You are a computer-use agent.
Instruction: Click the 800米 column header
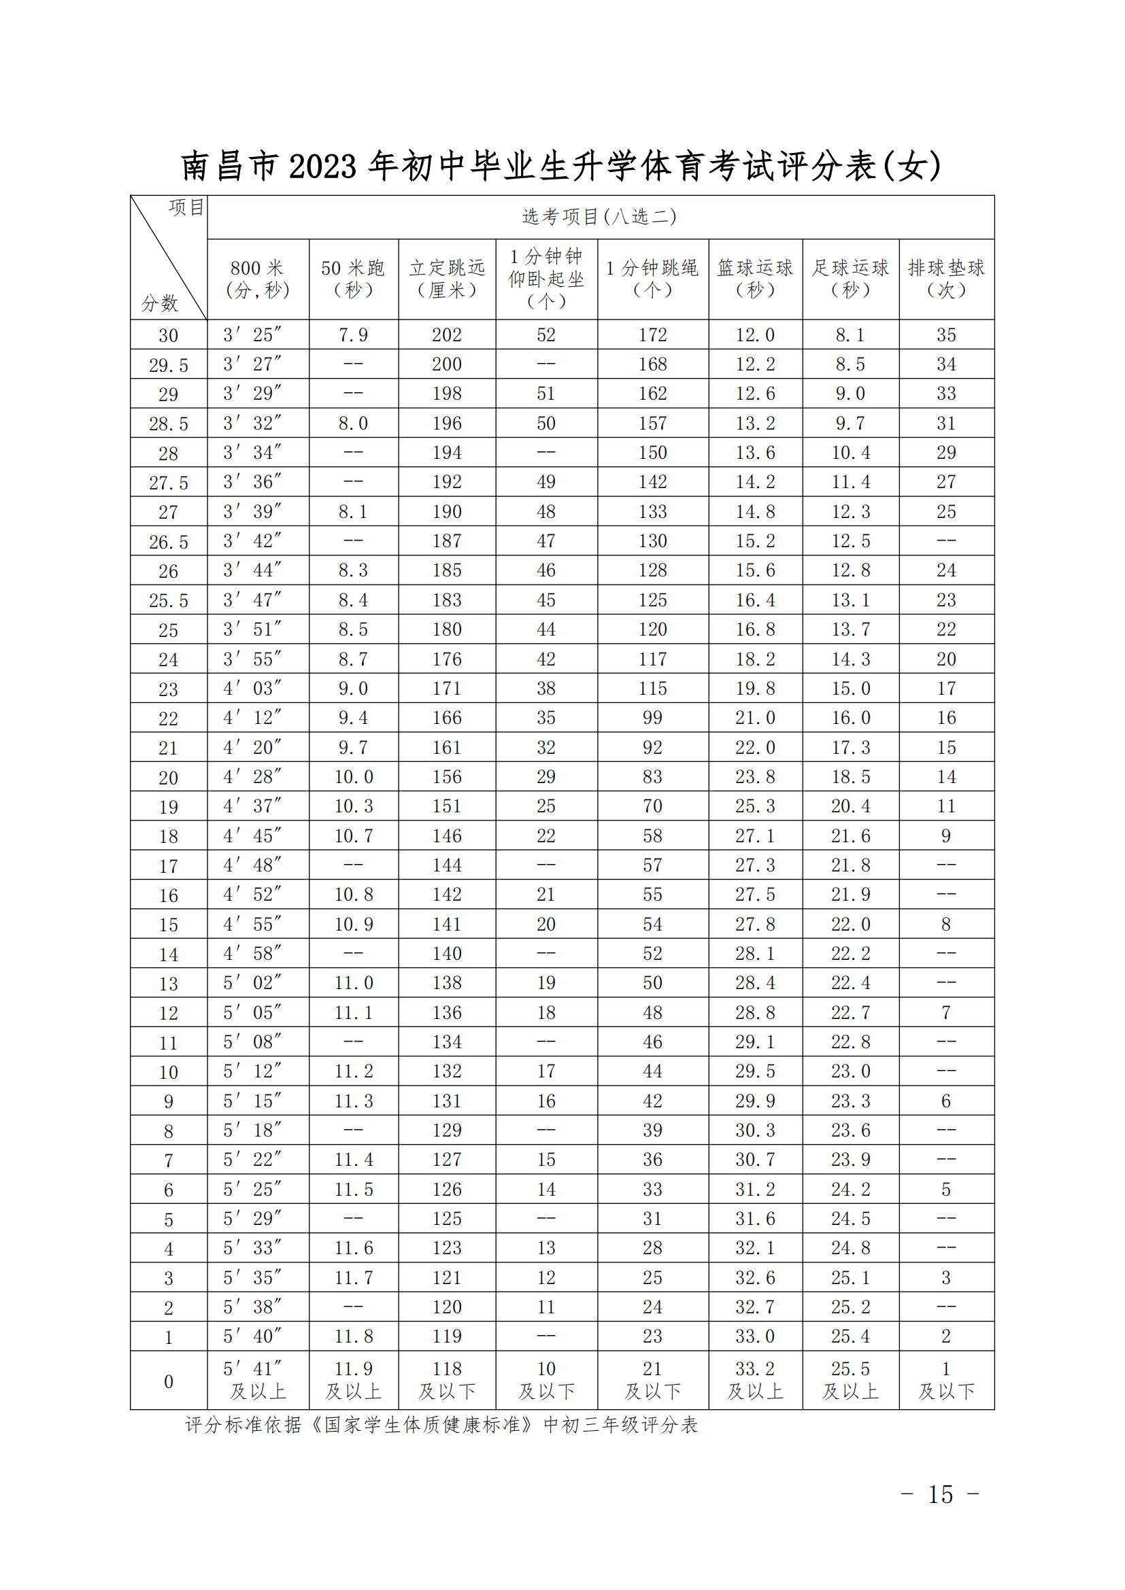[x=257, y=279]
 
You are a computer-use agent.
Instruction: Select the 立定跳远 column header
[x=447, y=279]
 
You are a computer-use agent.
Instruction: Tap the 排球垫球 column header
[x=946, y=279]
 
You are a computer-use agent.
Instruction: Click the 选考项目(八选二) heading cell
[x=600, y=217]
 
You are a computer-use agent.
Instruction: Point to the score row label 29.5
[x=168, y=365]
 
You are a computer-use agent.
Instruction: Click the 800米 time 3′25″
[x=253, y=335]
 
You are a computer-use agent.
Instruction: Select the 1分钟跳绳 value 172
[x=652, y=335]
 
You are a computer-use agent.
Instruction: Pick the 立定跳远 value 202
[x=447, y=335]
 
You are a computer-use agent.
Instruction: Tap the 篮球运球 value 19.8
[x=755, y=689]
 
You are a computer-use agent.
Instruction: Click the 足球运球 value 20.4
[x=851, y=806]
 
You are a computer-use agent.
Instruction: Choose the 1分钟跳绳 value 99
[x=652, y=718]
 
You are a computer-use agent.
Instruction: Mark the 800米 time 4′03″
[x=253, y=689]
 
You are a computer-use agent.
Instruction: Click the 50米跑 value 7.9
[x=353, y=335]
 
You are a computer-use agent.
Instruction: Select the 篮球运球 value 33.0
[x=755, y=1336]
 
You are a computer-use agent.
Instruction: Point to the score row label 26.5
[x=168, y=542]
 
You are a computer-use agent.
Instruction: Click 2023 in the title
[x=323, y=167]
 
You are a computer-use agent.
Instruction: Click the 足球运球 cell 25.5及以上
[x=851, y=1380]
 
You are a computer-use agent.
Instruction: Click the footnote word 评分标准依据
[x=243, y=1425]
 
